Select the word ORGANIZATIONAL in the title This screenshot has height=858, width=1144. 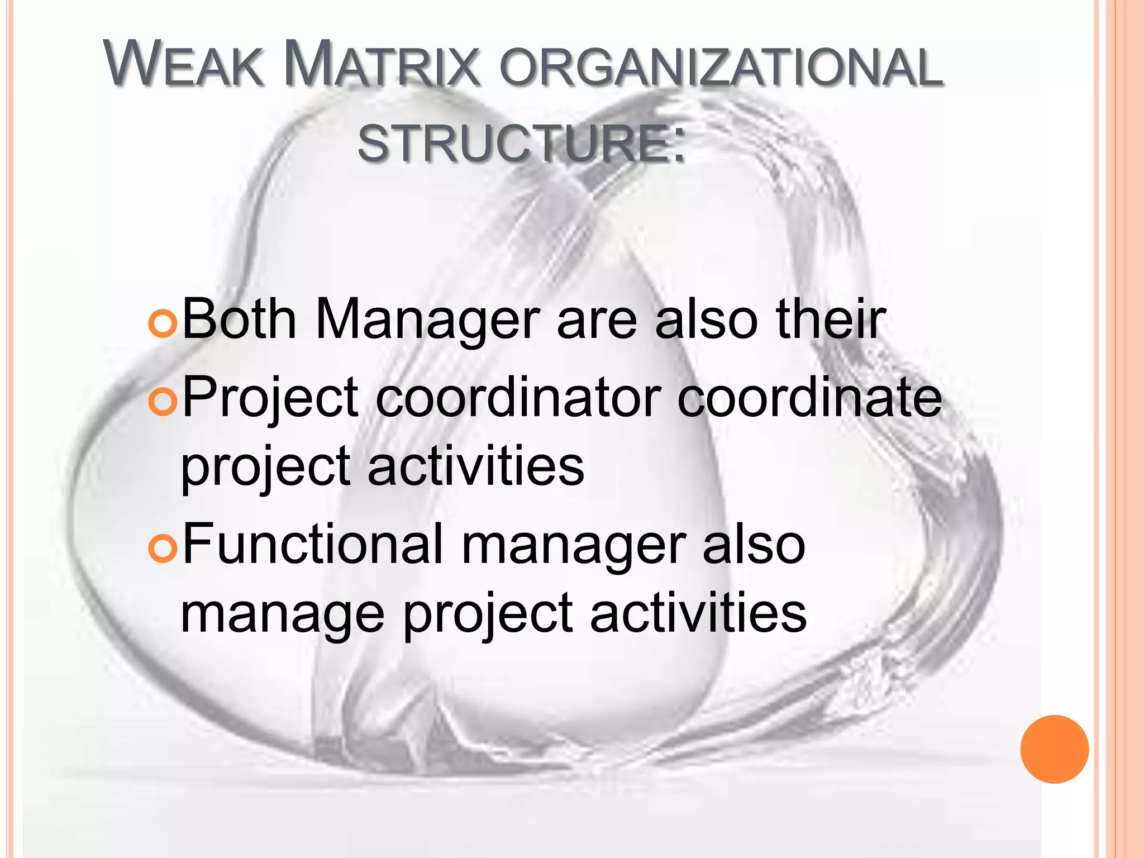pyautogui.click(x=721, y=67)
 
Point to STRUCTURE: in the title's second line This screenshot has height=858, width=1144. pyautogui.click(x=521, y=144)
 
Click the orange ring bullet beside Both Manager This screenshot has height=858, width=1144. pyautogui.click(x=163, y=324)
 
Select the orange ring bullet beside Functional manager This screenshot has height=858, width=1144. pyautogui.click(x=163, y=549)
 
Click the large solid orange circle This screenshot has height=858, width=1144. pyautogui.click(x=1054, y=749)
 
